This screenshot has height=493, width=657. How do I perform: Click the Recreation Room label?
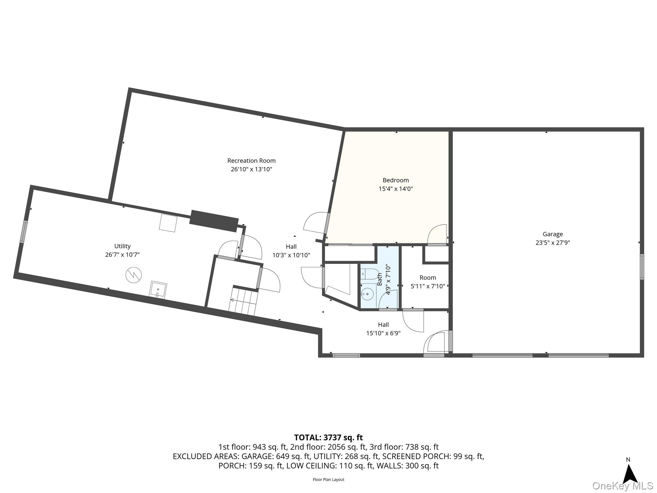(x=251, y=161)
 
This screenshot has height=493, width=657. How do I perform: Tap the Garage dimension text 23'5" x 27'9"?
(x=552, y=243)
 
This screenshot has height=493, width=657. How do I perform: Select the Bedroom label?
(x=396, y=180)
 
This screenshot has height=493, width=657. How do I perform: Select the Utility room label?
(x=122, y=246)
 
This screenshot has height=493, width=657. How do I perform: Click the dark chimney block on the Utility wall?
(x=214, y=221)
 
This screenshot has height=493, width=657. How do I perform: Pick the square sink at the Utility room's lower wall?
(x=158, y=290)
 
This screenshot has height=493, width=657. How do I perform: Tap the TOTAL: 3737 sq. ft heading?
(x=328, y=437)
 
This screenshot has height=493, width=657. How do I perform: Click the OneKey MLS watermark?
(x=622, y=486)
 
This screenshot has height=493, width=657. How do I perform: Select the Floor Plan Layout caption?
(x=328, y=480)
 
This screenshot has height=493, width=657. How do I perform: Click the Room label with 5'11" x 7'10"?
(x=428, y=278)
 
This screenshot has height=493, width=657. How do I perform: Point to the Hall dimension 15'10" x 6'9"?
(x=383, y=333)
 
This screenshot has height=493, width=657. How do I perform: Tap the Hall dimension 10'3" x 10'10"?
(x=291, y=255)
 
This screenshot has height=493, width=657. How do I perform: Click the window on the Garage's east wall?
(x=642, y=267)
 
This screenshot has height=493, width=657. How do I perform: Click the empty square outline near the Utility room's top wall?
(x=168, y=223)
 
